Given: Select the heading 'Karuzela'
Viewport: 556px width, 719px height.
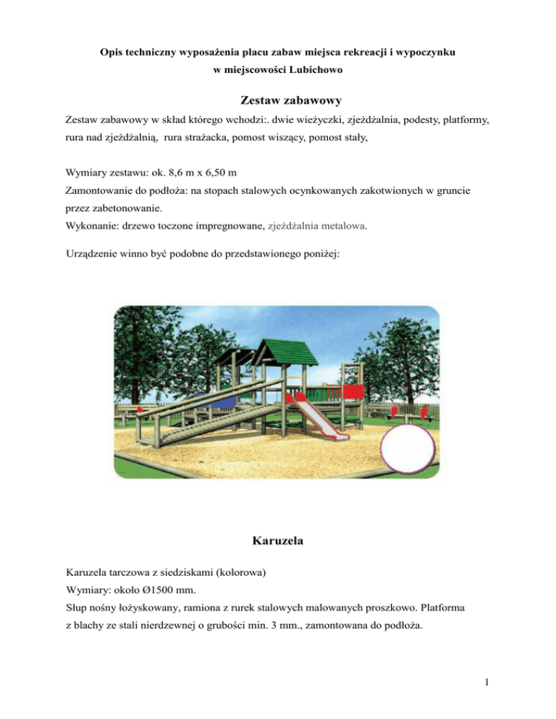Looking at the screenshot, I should coord(277,539).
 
